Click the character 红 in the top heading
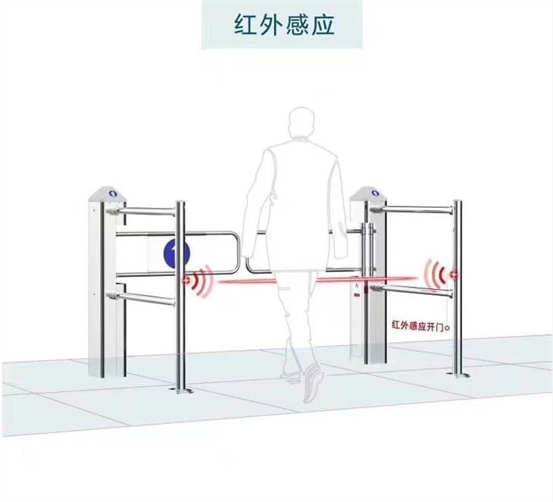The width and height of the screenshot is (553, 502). coord(245,25)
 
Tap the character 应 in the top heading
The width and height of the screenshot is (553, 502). coord(323,25)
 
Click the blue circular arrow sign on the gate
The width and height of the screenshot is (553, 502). coord(177,253)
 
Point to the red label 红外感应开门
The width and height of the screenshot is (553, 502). coord(417,325)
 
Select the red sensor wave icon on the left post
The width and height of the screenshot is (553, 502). coord(198,281)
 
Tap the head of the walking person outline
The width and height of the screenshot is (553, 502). coord(301,123)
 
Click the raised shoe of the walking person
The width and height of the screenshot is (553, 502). coord(313,383)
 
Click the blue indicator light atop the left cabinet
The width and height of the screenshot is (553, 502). coord(113,193)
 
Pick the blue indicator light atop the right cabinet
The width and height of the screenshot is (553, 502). coord(376,193)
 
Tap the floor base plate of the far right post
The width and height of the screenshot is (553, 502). coord(458,374)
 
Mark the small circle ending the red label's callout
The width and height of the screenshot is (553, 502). coord(447,328)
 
